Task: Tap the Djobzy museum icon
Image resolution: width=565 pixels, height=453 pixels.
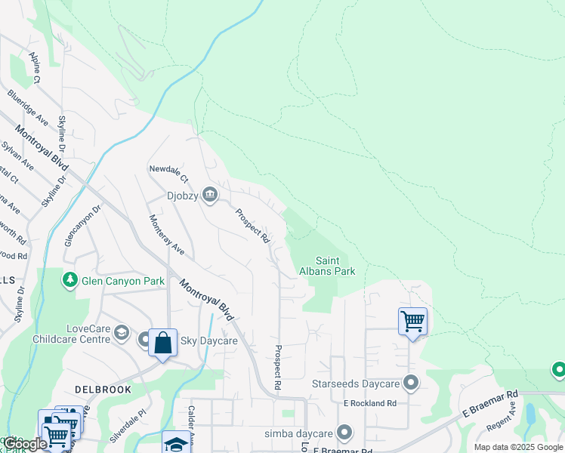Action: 211,196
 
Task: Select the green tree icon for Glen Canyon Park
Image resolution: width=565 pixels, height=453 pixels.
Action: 70,281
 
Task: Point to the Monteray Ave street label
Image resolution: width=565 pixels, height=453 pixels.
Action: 167,234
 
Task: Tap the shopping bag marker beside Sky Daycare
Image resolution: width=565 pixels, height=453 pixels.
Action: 162,344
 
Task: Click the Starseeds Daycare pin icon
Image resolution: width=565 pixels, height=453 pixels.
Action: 411,384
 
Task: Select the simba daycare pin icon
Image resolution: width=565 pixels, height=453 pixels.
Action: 344,433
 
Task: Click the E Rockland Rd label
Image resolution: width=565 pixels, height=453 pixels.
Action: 370,404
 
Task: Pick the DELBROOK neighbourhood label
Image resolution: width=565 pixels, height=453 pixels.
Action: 103,390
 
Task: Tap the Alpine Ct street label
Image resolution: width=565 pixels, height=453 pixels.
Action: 36,67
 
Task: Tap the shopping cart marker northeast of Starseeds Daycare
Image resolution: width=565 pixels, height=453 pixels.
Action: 412,322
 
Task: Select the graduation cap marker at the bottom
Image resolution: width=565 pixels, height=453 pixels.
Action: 175,443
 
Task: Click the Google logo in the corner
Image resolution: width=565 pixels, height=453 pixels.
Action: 24,444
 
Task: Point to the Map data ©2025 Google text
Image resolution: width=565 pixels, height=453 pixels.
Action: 517,448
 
